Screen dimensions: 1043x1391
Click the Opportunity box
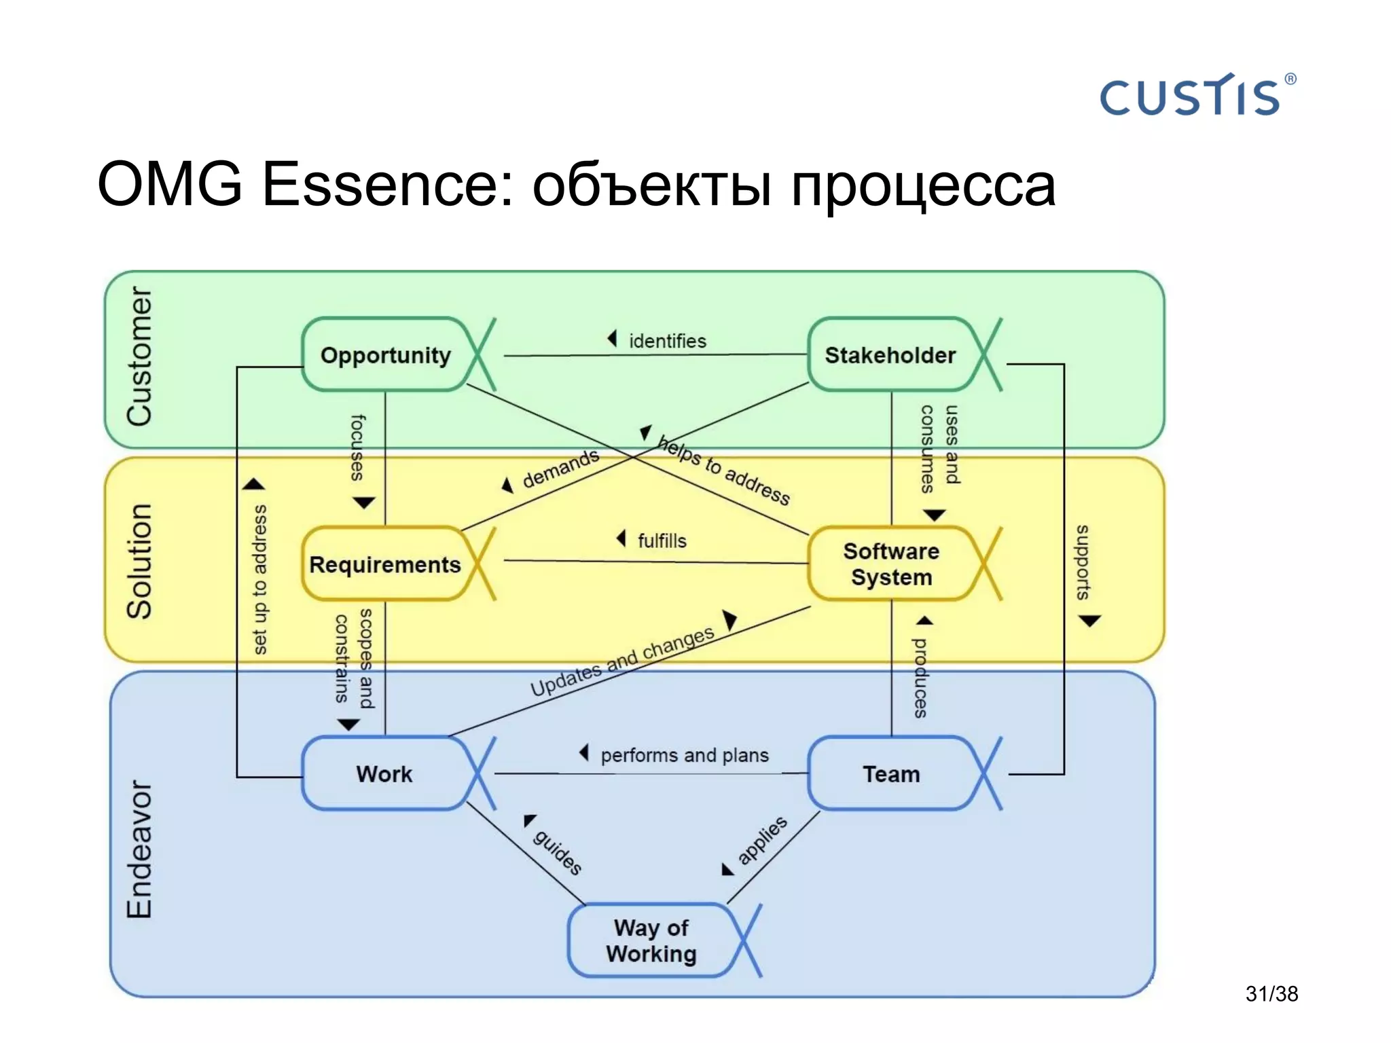[x=386, y=355]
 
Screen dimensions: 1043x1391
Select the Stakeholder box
[x=890, y=355]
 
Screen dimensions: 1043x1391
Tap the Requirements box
[x=385, y=564]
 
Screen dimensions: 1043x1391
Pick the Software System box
[x=891, y=564]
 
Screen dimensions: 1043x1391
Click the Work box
[x=384, y=774]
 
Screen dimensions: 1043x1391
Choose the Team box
[x=891, y=774]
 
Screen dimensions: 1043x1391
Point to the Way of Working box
[x=651, y=940]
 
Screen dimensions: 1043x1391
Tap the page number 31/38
[x=1271, y=993]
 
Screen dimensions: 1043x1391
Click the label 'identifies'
[x=667, y=341]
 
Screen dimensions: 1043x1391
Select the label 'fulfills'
[x=662, y=541]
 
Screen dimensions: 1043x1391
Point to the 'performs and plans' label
[x=684, y=755]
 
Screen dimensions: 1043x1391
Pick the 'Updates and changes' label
[x=622, y=661]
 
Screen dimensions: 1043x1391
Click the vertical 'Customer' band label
[x=140, y=356]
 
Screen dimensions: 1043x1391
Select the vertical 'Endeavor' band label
[x=140, y=849]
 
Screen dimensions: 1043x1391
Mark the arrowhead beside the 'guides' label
[x=529, y=820]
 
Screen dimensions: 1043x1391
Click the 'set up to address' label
[x=259, y=579]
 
